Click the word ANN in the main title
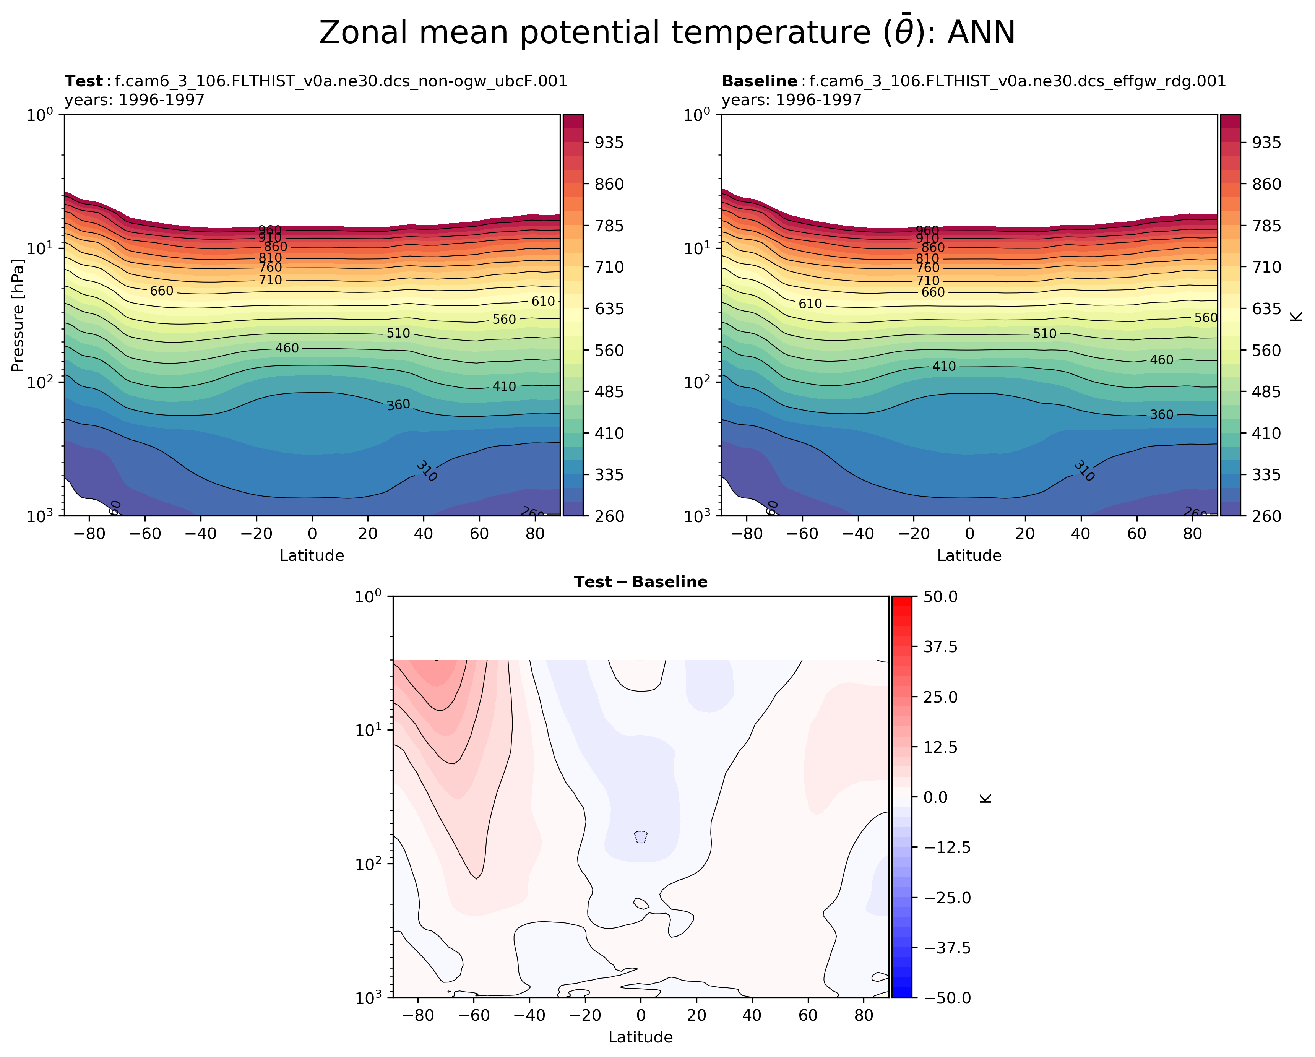coord(981,33)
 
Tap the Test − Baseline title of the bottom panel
coord(640,582)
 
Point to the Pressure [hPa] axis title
coord(18,315)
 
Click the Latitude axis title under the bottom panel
coord(640,1037)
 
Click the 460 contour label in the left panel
coord(287,348)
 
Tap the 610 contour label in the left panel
coord(543,301)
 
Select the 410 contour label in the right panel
coord(944,367)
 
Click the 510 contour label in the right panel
coord(1044,334)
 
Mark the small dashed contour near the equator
coord(640,837)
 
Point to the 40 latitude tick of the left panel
coord(423,534)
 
